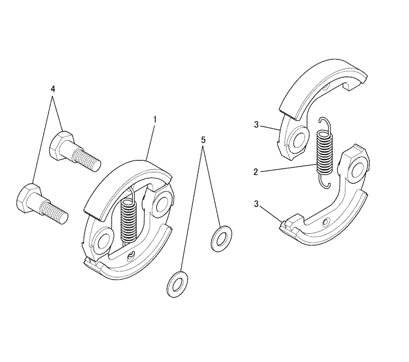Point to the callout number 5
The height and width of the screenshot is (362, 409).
[x=203, y=140]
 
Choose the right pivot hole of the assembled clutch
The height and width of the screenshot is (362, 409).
[x=160, y=203]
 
